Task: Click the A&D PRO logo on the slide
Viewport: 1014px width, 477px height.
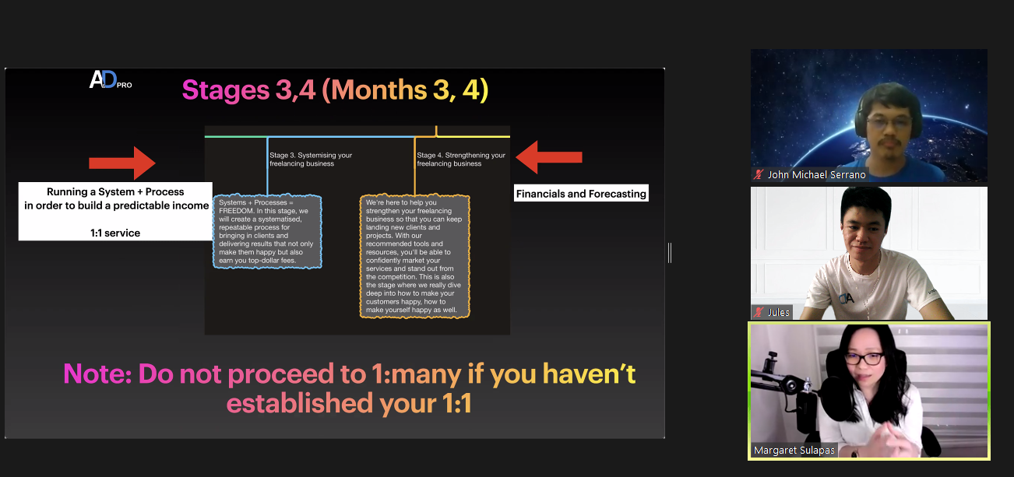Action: [x=111, y=80]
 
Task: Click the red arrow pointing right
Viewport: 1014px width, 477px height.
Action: [x=122, y=163]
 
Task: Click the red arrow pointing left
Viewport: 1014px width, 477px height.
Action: [x=548, y=157]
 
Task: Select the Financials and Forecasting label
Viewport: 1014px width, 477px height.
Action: [x=581, y=194]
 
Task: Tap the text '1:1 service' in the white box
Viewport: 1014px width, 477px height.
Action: [x=115, y=233]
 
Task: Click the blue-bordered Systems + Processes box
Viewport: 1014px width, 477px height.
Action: [x=268, y=231]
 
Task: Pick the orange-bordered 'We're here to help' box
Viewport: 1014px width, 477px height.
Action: [x=414, y=256]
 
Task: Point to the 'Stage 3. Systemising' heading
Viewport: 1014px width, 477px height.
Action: [x=311, y=160]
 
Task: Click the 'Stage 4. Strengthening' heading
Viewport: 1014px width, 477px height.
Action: [x=461, y=160]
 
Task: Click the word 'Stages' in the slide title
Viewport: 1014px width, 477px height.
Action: [x=226, y=90]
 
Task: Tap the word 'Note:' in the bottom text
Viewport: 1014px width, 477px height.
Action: [x=97, y=374]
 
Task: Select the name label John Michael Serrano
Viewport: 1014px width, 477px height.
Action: [x=817, y=174]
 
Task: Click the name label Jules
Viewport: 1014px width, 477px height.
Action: [x=779, y=312]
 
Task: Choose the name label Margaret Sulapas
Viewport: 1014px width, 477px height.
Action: [x=794, y=451]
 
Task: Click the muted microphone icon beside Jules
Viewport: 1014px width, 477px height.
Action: [x=759, y=312]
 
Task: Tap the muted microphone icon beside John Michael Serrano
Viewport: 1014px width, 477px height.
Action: [x=759, y=174]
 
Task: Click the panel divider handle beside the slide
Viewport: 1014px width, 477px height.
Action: [x=670, y=253]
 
